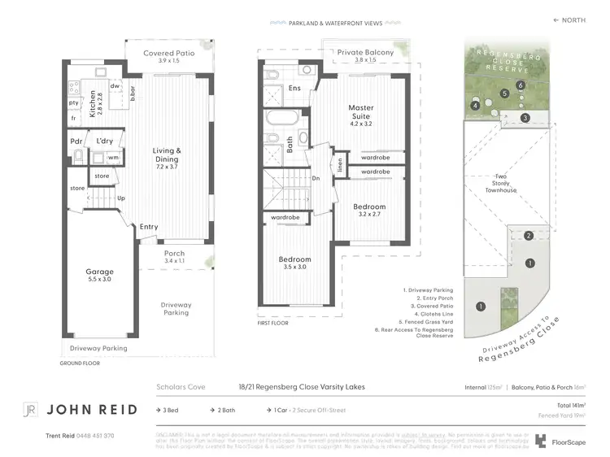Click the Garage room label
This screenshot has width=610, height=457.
[x=100, y=272]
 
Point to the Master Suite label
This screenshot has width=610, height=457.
[x=360, y=107]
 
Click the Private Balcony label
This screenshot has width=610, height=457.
[x=365, y=52]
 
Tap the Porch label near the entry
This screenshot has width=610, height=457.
[x=174, y=253]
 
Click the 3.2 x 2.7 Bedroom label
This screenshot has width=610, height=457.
[x=368, y=207]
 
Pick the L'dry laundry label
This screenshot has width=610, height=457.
[x=105, y=141]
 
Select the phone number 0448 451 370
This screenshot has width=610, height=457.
[x=90, y=436]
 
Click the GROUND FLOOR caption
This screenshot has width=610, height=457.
[x=80, y=363]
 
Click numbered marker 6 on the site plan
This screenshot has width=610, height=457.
[x=519, y=85]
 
